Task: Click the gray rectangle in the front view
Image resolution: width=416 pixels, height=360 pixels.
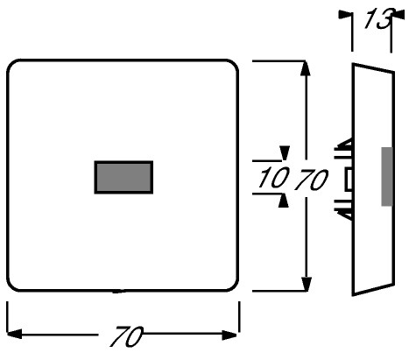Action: tap(123, 177)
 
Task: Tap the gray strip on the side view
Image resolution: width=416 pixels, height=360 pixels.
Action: tap(386, 177)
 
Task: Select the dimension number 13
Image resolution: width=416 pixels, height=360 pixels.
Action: tap(378, 18)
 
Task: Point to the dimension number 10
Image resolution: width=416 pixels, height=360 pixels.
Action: tap(273, 177)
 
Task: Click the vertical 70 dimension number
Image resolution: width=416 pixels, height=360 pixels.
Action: tap(311, 179)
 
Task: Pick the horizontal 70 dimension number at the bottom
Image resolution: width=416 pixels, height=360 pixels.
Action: tap(127, 336)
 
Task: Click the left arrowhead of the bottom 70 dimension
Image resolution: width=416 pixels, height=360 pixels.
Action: tap(14, 334)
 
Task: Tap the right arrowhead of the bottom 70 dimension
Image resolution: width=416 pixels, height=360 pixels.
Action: tap(229, 335)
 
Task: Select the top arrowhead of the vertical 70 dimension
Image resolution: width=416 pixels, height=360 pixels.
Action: tap(306, 68)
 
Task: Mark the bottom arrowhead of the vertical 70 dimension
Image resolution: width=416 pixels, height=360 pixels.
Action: tap(306, 284)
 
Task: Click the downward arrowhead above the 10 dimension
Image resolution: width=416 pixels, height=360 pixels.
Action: tap(285, 153)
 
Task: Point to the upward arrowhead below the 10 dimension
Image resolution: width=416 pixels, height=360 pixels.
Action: tap(283, 201)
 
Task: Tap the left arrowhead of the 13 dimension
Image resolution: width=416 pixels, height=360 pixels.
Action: tap(345, 15)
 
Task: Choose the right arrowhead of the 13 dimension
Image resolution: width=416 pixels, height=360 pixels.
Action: tap(398, 15)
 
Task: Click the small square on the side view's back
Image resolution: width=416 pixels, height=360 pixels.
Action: tap(349, 180)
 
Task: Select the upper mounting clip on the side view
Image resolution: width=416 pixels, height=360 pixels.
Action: tap(343, 149)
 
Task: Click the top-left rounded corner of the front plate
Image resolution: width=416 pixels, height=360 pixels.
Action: tap(12, 66)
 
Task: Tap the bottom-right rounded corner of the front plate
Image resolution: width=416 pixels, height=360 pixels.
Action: tap(233, 286)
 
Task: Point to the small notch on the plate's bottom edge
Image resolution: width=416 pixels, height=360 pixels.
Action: tap(119, 291)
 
